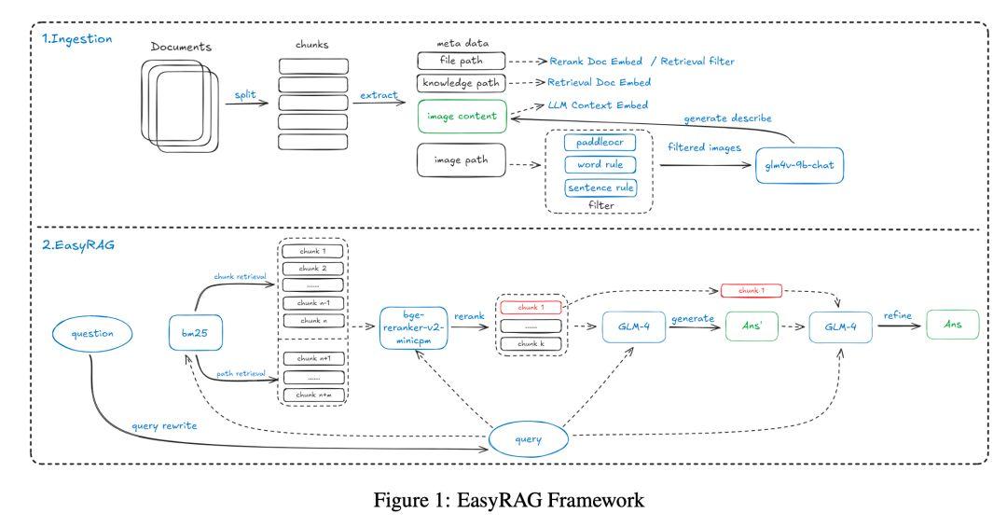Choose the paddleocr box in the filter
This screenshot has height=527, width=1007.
(x=600, y=142)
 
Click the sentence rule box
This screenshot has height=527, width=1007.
(x=600, y=187)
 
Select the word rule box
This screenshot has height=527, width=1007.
(x=600, y=164)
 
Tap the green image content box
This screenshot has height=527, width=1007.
(x=461, y=118)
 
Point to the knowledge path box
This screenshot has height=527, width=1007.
(x=461, y=83)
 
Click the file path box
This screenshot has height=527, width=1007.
(x=461, y=61)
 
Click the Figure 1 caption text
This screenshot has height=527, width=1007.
(x=508, y=501)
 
